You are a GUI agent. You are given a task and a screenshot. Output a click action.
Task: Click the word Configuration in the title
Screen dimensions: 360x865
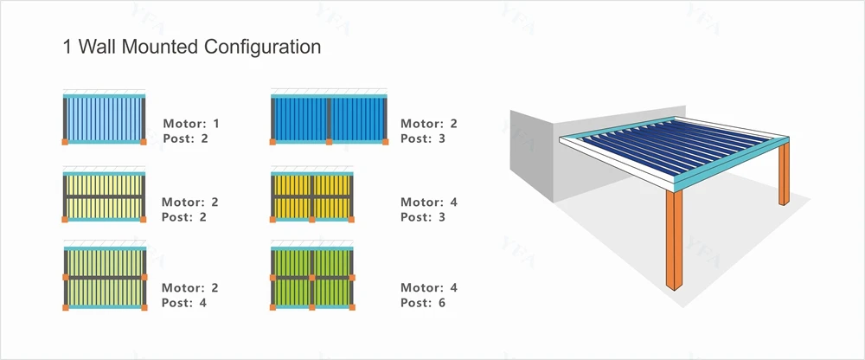click(x=262, y=47)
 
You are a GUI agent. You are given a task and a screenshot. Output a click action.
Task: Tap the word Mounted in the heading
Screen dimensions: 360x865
click(x=162, y=47)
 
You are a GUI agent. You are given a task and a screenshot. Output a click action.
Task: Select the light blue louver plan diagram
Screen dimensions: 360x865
click(x=105, y=117)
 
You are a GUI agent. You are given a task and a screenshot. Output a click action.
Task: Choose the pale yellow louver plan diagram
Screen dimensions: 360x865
click(x=105, y=196)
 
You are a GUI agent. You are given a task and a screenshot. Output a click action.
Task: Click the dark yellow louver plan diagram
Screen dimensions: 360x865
click(x=312, y=196)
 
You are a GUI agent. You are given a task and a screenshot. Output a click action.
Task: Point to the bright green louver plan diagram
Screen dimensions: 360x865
click(x=312, y=277)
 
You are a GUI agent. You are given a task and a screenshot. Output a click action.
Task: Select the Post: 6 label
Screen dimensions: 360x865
click(x=423, y=303)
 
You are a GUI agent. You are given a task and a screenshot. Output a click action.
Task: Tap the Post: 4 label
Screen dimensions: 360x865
click(x=185, y=303)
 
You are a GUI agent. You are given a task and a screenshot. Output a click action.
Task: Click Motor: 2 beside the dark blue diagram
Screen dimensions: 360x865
click(x=429, y=123)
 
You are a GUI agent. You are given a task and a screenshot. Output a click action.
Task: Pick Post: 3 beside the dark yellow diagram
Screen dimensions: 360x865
click(x=423, y=217)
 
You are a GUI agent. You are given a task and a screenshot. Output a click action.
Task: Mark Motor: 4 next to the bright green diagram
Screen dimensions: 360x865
click(x=429, y=287)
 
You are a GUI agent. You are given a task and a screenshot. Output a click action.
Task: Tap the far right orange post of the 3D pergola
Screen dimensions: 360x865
click(x=784, y=173)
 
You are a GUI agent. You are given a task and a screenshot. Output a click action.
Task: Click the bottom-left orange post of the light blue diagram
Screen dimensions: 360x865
click(x=64, y=141)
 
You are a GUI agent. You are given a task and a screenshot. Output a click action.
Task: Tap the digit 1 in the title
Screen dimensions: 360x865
click(x=67, y=47)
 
